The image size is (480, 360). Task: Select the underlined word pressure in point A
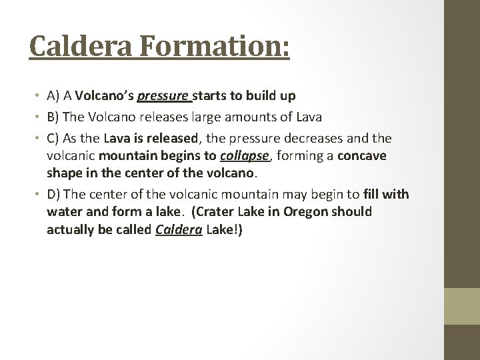pyautogui.click(x=163, y=97)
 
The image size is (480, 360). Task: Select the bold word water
pyautogui.click(x=63, y=211)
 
